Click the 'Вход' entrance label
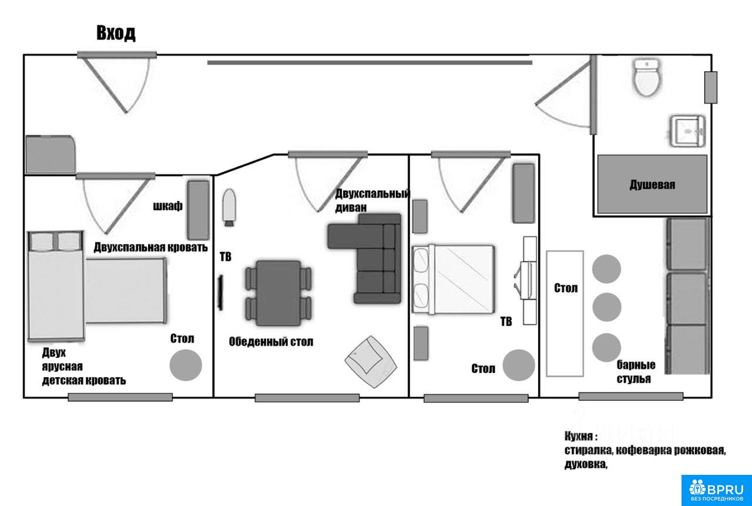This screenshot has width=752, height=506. pyautogui.click(x=116, y=33)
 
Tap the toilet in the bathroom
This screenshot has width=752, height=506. pyautogui.click(x=646, y=78)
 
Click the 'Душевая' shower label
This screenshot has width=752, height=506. pyautogui.click(x=652, y=185)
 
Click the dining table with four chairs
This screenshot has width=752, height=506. pyautogui.click(x=278, y=293)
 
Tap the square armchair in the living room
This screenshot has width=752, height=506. pyautogui.click(x=371, y=361)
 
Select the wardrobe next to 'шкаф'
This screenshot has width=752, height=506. pyautogui.click(x=198, y=210)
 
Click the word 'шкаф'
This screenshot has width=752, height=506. pyautogui.click(x=168, y=206)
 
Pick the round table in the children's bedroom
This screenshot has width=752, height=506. pyautogui.click(x=186, y=365)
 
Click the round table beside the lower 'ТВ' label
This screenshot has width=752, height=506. pyautogui.click(x=519, y=365)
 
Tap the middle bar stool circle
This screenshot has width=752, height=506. pyautogui.click(x=607, y=307)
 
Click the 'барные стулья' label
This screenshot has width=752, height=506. pyautogui.click(x=636, y=371)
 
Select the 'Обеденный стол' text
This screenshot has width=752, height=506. pyautogui.click(x=271, y=342)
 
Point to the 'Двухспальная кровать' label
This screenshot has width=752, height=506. pyautogui.click(x=151, y=247)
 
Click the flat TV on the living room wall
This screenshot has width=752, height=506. pyautogui.click(x=220, y=293)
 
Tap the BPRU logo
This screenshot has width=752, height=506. pyautogui.click(x=717, y=490)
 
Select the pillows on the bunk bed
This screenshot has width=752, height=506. pyautogui.click(x=56, y=242)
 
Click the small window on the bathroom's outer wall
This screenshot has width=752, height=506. pyautogui.click(x=711, y=88)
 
